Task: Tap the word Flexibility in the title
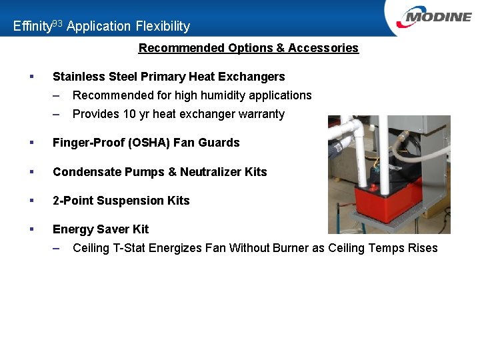(x=163, y=27)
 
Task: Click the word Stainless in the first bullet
(x=78, y=77)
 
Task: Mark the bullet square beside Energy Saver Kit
(x=32, y=229)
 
